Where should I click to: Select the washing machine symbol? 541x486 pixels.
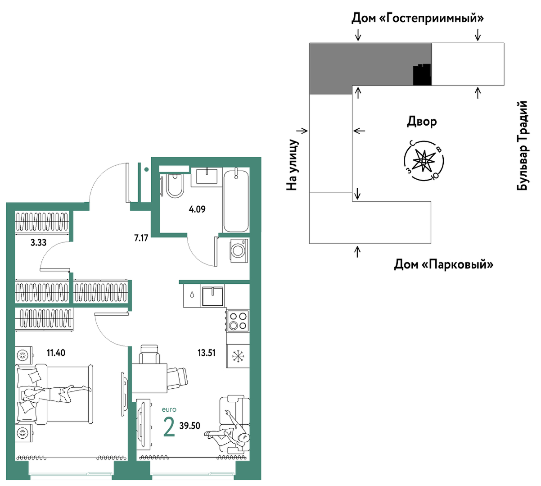point(239,250)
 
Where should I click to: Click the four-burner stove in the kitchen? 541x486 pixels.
point(238,321)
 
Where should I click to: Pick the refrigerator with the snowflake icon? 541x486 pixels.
point(238,356)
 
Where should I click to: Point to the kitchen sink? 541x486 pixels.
point(212,296)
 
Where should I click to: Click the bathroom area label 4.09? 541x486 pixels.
point(197,209)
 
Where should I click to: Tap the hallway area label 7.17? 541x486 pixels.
point(141,238)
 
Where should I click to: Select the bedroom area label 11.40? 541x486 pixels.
point(56,353)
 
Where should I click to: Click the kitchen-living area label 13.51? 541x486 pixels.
point(207,353)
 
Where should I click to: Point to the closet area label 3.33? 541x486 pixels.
point(38,242)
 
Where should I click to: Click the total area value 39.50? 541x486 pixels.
point(189,426)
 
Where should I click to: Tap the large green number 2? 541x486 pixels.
point(169,427)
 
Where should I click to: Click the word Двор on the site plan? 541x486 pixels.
point(422,122)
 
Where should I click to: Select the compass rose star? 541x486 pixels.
point(424,161)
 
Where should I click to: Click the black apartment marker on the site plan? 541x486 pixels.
point(422,75)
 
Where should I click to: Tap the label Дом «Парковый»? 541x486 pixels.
point(443,264)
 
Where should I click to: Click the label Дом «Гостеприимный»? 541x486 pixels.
point(417,18)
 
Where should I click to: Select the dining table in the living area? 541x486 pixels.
point(149,378)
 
